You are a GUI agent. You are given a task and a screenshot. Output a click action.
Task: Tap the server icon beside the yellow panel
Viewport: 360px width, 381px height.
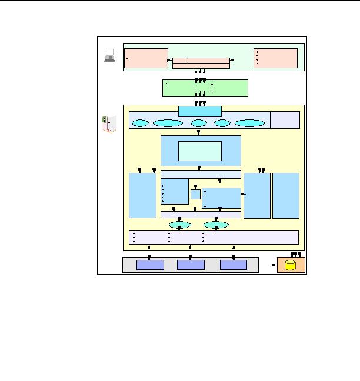tap(107, 123)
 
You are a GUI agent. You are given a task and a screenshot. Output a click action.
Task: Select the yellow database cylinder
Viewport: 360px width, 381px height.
tap(291, 265)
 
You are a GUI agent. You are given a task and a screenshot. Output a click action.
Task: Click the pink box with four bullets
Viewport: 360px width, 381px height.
tap(276, 58)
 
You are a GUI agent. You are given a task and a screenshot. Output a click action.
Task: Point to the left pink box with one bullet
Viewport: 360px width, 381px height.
tap(146, 58)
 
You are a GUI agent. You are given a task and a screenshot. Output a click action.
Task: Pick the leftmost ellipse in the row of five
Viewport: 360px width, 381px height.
tap(140, 123)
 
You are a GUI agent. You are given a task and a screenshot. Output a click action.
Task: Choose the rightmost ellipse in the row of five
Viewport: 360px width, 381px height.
tap(249, 123)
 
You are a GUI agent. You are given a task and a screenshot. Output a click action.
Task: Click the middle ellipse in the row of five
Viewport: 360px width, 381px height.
tap(199, 123)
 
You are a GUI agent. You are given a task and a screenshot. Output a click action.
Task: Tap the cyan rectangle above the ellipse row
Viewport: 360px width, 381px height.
tap(200, 111)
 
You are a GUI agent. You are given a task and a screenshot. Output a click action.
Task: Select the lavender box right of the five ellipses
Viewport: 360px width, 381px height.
tap(285, 119)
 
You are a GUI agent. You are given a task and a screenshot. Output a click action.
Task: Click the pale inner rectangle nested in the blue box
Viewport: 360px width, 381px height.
tap(200, 151)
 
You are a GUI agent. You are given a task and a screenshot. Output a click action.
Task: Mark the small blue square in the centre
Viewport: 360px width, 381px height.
tap(195, 195)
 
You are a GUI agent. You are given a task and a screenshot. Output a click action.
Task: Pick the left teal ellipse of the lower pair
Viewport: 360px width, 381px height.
tap(180, 225)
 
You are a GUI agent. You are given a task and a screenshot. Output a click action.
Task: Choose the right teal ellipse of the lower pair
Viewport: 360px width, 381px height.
tap(216, 225)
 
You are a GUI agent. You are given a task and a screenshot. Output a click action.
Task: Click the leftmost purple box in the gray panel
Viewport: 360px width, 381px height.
tap(150, 265)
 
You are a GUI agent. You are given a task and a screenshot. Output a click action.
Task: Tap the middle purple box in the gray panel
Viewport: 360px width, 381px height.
tap(191, 265)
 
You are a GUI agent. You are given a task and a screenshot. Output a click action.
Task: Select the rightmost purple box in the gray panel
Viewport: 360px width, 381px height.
tap(234, 265)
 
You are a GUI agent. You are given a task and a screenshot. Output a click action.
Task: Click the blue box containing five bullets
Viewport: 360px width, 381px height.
tap(175, 192)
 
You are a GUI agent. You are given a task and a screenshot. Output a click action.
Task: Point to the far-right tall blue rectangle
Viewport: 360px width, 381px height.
tap(286, 195)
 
